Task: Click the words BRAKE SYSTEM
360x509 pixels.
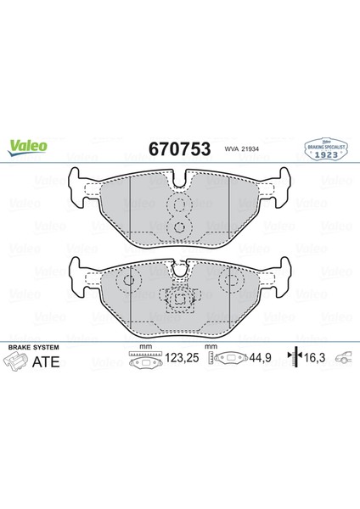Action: click(x=31, y=348)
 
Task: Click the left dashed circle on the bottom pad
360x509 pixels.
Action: click(x=130, y=281)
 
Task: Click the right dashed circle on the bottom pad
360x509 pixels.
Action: click(x=229, y=281)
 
